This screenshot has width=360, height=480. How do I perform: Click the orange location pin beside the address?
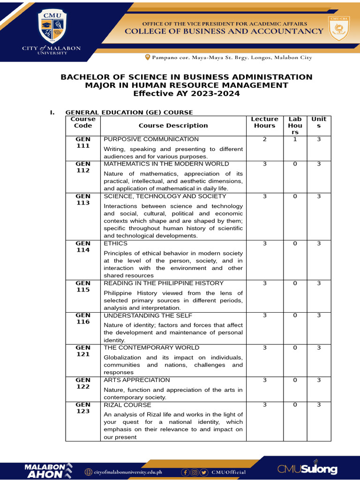pos(148,57)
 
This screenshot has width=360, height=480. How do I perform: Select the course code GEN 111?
pos(83,142)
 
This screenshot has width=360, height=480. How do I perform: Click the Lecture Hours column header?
pos(264,122)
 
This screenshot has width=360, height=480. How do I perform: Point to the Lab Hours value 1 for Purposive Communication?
pos(295,139)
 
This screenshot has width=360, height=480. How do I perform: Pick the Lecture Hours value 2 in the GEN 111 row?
pos(264,139)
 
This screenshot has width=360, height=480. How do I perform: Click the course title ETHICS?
pos(115,243)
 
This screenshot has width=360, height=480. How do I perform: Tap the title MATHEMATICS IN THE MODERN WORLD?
pos(166,164)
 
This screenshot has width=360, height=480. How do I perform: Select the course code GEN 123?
pos(83,408)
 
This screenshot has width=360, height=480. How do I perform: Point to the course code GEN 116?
pos(83,318)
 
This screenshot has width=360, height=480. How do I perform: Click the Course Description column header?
pos(173,126)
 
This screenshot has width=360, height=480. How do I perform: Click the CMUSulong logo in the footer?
pos(307,469)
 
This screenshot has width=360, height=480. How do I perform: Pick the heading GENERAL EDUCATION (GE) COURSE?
pos(129,112)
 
